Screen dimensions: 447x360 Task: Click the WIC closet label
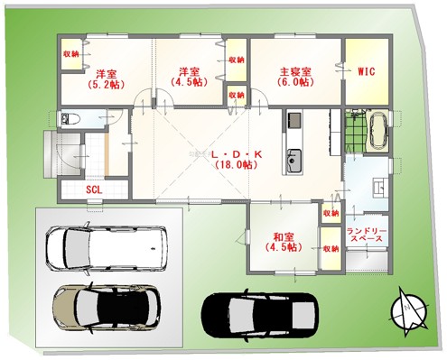tap(367, 71)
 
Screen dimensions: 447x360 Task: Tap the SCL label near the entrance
tap(94, 189)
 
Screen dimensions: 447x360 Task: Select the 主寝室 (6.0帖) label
tap(295, 77)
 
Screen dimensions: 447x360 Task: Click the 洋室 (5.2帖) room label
tap(106, 79)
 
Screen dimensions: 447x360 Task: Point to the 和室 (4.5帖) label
tap(284, 242)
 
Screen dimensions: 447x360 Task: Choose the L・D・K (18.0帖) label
tap(237, 160)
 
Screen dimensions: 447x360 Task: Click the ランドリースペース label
tap(366, 235)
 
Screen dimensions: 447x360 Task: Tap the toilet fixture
tap(70, 118)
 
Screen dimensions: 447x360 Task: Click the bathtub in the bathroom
tap(378, 131)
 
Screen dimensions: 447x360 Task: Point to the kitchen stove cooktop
tap(294, 120)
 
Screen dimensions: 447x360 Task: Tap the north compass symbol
tap(409, 311)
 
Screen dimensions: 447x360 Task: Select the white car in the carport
tap(106, 249)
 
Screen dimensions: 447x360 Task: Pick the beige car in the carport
tap(106, 307)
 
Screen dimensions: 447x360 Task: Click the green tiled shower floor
tap(355, 131)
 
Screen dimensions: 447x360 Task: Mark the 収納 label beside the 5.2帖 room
tap(71, 54)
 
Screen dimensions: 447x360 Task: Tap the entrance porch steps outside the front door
tap(50, 154)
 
